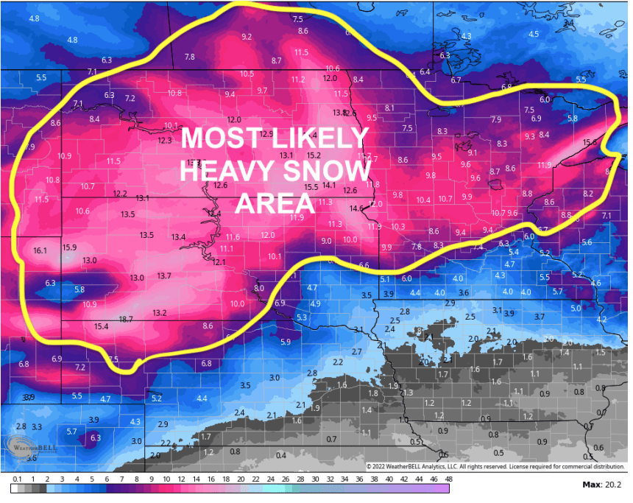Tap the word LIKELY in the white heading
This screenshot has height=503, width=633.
pyautogui.click(x=320, y=138)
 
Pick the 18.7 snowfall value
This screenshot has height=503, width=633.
pyautogui.click(x=126, y=319)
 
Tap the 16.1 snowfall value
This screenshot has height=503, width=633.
pyautogui.click(x=40, y=250)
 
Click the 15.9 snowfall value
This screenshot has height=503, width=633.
pyautogui.click(x=70, y=247)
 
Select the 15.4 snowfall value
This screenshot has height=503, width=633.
pyautogui.click(x=102, y=326)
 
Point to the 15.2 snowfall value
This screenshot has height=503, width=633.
pyautogui.click(x=314, y=155)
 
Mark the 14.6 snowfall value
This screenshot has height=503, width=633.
pyautogui.click(x=356, y=208)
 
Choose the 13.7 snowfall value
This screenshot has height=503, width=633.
pyautogui.click(x=164, y=275)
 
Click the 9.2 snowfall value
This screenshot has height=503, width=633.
pyautogui.click(x=247, y=37)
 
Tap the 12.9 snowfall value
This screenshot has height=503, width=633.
pyautogui.click(x=266, y=134)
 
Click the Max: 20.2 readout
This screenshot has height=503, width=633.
pyautogui.click(x=601, y=485)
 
